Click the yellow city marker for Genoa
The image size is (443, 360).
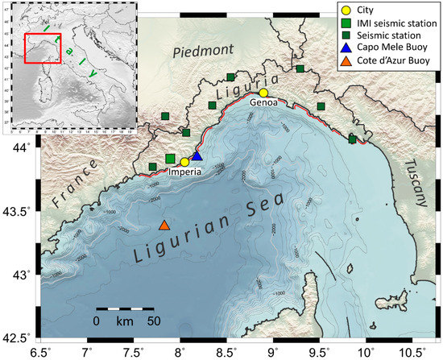pyautogui.click(x=263, y=93)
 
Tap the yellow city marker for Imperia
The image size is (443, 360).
pyautogui.click(x=184, y=162)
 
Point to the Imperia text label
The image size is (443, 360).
pyautogui.click(x=188, y=172)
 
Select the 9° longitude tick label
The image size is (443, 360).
pyautogui.click(x=272, y=351)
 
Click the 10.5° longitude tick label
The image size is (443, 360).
pyautogui.click(x=412, y=351)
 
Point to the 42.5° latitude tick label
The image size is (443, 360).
pyautogui.click(x=18, y=337)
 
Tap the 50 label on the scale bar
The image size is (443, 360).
pyautogui.click(x=153, y=321)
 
